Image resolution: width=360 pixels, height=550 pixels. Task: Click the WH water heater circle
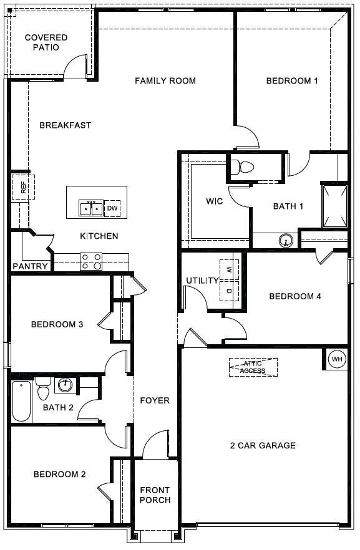(336, 359)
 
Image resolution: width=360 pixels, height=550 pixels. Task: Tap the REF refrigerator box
(23, 187)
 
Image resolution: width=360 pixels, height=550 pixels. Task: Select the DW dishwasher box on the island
(112, 208)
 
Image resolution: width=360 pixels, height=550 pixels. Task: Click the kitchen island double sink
(91, 208)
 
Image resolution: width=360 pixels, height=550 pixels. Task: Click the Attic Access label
(253, 367)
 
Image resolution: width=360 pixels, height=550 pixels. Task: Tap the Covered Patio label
(46, 42)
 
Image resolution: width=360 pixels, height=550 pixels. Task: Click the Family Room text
(165, 80)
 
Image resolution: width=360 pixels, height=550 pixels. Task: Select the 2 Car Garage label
(263, 445)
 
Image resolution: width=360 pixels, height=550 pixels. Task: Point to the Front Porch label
(155, 495)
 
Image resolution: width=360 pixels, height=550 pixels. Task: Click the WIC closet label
(214, 201)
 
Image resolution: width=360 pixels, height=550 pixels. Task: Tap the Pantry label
(30, 266)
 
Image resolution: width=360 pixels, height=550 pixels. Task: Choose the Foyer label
(154, 400)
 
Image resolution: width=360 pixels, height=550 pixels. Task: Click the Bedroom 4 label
(294, 296)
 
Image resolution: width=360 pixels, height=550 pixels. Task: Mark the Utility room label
(202, 281)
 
